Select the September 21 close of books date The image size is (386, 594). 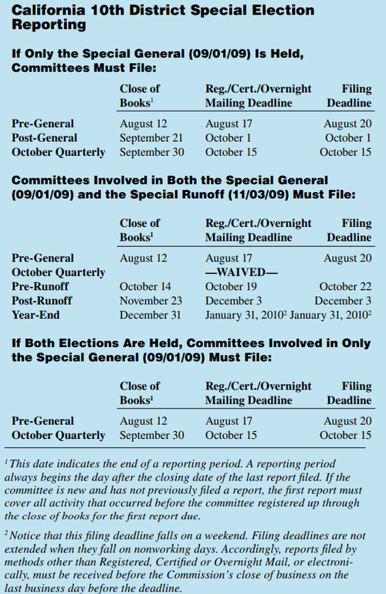tap(152, 137)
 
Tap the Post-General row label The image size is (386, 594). tap(43, 137)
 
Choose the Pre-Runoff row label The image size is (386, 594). tap(40, 287)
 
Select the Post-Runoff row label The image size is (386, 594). tap(43, 301)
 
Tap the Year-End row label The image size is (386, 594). tap(36, 316)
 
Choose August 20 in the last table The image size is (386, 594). tap(347, 420)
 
